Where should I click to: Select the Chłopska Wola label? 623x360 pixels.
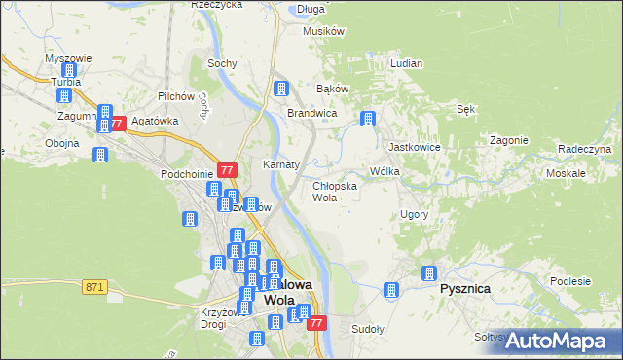click(334, 191)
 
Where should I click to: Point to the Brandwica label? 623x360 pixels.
click(311, 113)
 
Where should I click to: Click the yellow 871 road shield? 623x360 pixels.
click(94, 286)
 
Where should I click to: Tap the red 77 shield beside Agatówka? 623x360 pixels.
click(118, 124)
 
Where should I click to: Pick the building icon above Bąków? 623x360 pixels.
click(281, 90)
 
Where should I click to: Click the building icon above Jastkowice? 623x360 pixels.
click(368, 120)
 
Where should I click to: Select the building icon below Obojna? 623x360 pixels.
click(99, 155)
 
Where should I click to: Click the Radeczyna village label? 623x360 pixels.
click(584, 149)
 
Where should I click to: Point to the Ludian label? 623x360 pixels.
click(406, 63)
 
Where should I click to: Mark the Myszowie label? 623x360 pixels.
click(68, 58)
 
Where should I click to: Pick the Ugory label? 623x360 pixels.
click(415, 213)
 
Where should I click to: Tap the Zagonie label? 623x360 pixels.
click(508, 140)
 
